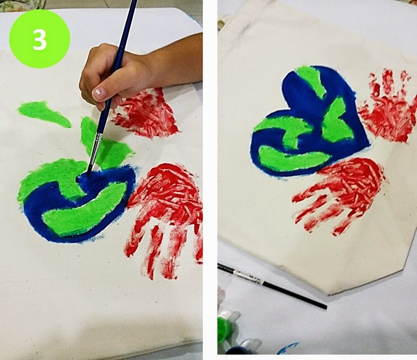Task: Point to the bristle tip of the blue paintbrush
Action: [x=89, y=172]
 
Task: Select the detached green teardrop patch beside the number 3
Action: [x=43, y=114]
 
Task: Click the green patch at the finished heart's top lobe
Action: [x=311, y=80]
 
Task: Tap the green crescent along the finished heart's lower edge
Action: [x=292, y=158]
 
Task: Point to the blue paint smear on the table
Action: [x=287, y=349]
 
